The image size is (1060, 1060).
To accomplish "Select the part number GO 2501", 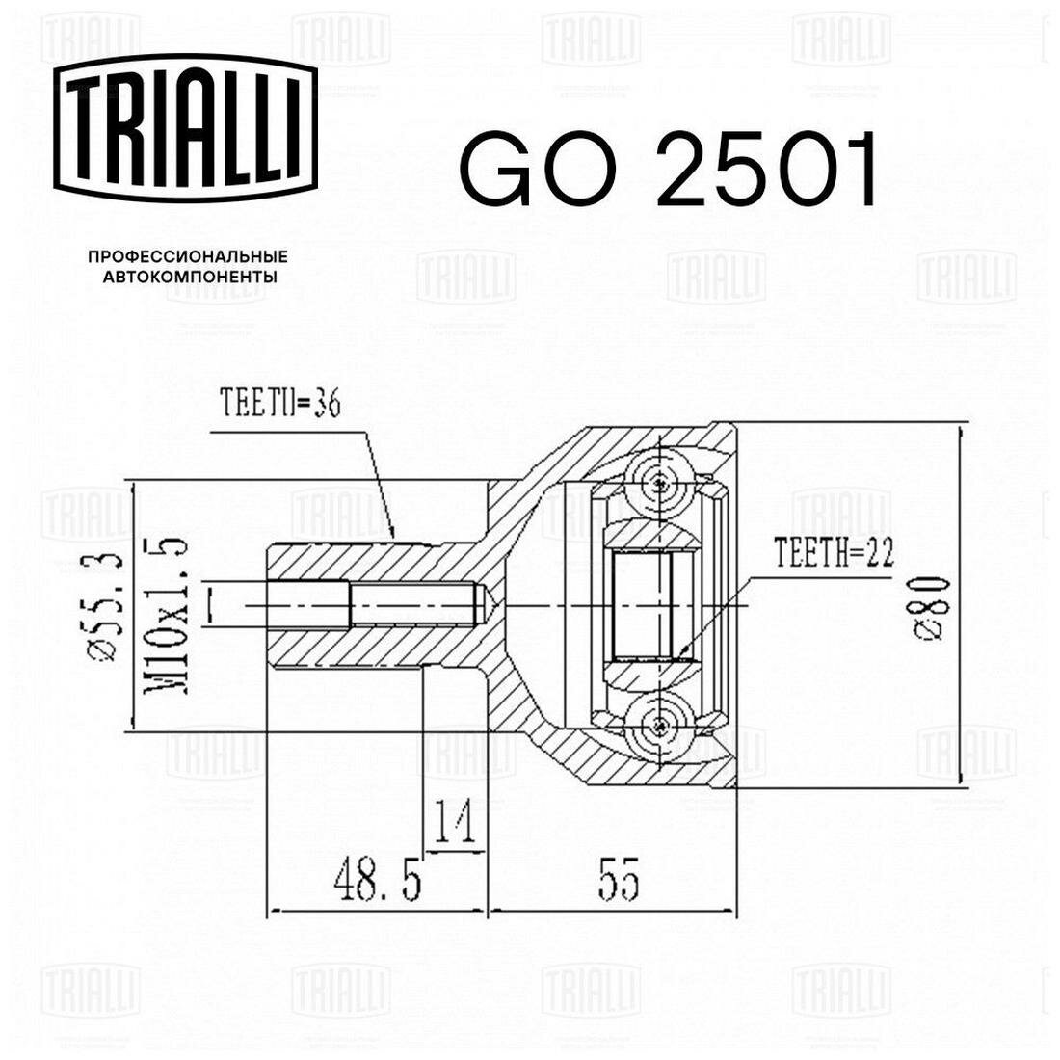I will coord(669,170).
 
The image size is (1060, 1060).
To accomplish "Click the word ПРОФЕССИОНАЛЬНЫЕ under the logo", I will coord(188,257).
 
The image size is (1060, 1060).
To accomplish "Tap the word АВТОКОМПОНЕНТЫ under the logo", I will coord(190,277).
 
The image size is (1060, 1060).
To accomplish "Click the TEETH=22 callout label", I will coord(835,552).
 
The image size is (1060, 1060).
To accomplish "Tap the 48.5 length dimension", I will coord(377,882).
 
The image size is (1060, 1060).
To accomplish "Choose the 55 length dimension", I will coord(618,882).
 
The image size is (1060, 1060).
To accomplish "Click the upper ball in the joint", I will coord(659,483).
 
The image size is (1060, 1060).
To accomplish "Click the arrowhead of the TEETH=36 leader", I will coord(392,533).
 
